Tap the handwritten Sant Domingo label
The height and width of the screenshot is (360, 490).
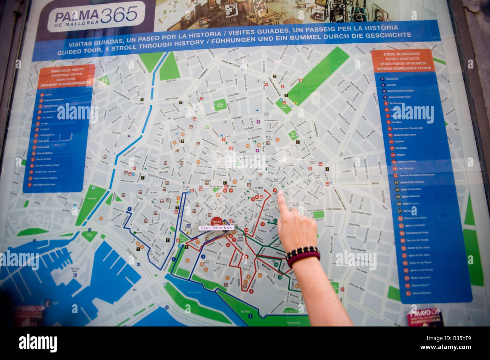tap(216, 228)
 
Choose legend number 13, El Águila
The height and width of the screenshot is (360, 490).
tap(392, 155)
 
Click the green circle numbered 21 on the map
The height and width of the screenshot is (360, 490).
tap(275, 221)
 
